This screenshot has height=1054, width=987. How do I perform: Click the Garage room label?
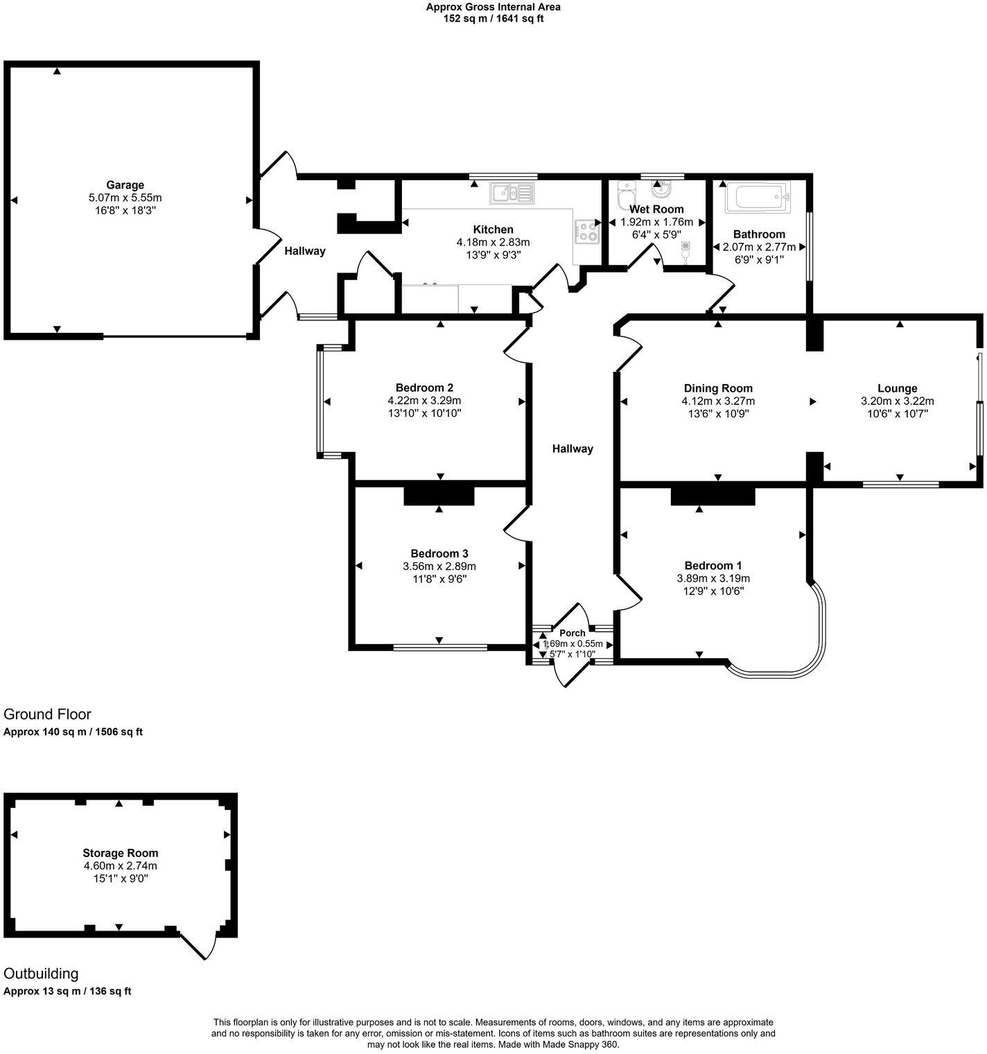[x=125, y=185]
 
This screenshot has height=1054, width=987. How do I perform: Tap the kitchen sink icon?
[x=511, y=193]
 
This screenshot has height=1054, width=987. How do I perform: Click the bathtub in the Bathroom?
[x=758, y=199]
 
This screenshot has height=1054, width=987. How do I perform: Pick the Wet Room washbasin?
[x=661, y=189]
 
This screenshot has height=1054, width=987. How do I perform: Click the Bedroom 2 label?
[x=424, y=388]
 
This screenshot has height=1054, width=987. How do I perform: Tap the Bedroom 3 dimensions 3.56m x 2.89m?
[x=439, y=566]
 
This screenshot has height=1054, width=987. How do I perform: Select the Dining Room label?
[x=718, y=388]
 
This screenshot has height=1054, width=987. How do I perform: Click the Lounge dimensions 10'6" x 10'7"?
[x=897, y=413]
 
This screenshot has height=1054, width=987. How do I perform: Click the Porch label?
[x=573, y=632]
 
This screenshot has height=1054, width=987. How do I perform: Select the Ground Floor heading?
[x=47, y=714]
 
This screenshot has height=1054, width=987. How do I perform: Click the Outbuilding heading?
[x=41, y=974]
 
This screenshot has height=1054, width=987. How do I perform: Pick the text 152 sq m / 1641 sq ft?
[x=493, y=19]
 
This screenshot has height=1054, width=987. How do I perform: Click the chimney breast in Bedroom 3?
[x=439, y=495]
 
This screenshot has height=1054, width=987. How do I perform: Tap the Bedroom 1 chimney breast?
[x=712, y=496]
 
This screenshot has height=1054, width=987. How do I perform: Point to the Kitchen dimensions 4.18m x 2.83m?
[x=493, y=242]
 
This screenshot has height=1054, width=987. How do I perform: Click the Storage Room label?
[x=120, y=853]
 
